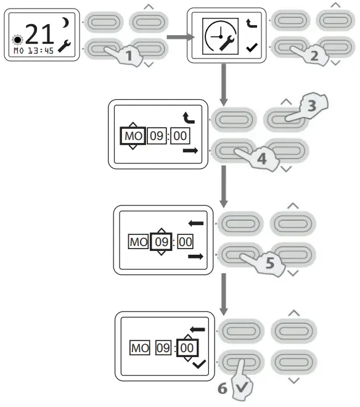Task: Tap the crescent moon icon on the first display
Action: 65,23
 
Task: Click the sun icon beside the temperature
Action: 16,39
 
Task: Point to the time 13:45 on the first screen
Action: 43,51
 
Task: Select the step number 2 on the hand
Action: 314,54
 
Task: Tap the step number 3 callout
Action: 311,105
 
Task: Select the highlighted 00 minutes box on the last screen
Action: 186,348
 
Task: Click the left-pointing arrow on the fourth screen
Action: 196,224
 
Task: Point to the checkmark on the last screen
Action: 198,364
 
